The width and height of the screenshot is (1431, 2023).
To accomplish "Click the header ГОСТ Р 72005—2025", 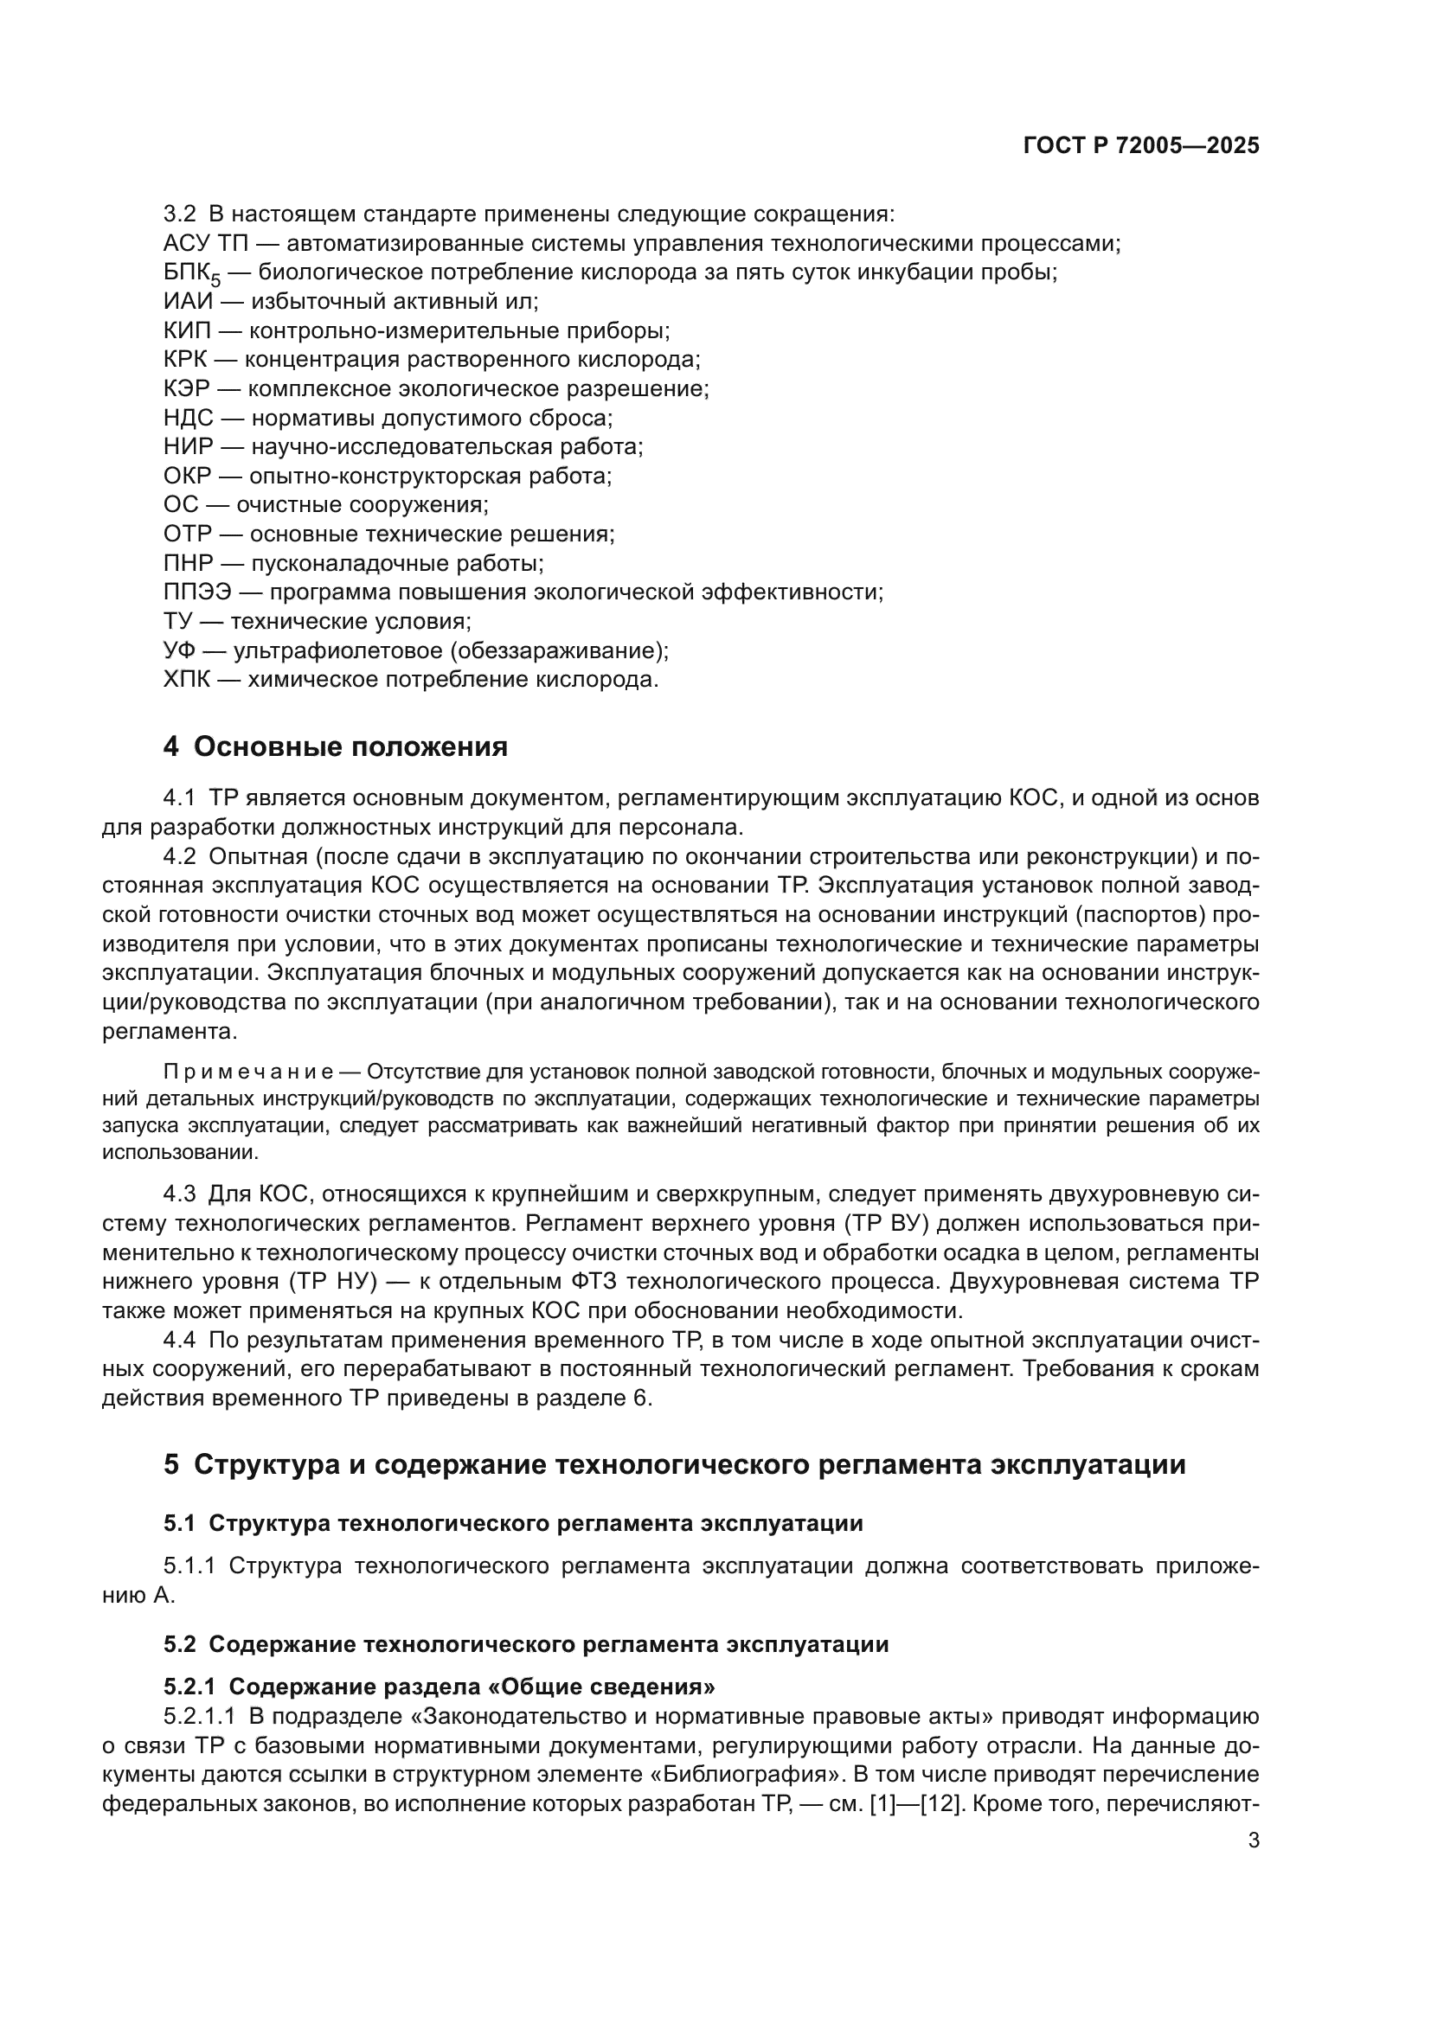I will [x=1141, y=146].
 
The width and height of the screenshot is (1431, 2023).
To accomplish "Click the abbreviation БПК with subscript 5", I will [x=190, y=274].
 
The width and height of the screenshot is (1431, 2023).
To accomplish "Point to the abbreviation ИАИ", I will [x=189, y=301].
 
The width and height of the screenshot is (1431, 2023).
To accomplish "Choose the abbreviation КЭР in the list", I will [x=187, y=388].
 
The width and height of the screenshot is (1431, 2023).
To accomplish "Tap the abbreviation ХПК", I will [x=187, y=679].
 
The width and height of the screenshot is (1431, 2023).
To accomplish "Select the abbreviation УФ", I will [x=180, y=650].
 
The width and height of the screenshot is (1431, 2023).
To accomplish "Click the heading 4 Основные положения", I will [x=336, y=746].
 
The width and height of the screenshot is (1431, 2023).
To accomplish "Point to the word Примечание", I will [x=247, y=1072].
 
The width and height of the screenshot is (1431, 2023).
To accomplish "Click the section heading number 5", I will [x=171, y=1464].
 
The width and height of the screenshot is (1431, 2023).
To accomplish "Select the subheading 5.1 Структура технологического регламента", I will [x=513, y=1523].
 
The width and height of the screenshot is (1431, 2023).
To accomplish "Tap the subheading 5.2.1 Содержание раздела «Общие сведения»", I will [x=439, y=1687].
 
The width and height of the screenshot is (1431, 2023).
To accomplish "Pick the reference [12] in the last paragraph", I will [x=932, y=1803].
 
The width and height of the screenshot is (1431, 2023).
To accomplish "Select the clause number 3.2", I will [x=180, y=214].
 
